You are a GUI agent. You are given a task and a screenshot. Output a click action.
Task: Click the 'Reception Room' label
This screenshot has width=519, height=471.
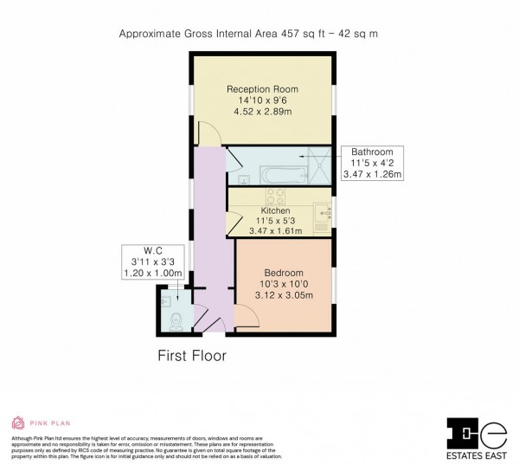pos(262,89)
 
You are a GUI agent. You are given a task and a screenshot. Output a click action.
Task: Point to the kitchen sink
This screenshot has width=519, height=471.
pos(323,210)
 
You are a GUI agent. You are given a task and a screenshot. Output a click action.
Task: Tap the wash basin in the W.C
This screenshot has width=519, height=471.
pos(165,300)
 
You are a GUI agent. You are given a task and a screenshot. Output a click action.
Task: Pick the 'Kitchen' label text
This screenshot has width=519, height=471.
pos(275,210)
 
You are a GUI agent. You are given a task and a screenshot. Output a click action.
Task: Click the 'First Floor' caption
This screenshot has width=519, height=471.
pos(191,355)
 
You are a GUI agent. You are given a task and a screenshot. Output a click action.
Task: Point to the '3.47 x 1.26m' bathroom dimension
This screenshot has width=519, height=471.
pos(373,176)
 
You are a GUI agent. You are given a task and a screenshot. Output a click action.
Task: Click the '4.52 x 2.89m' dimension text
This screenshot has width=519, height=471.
pos(262,113)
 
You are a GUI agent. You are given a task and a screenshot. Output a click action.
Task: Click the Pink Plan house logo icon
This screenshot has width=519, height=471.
pos(17,423)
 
